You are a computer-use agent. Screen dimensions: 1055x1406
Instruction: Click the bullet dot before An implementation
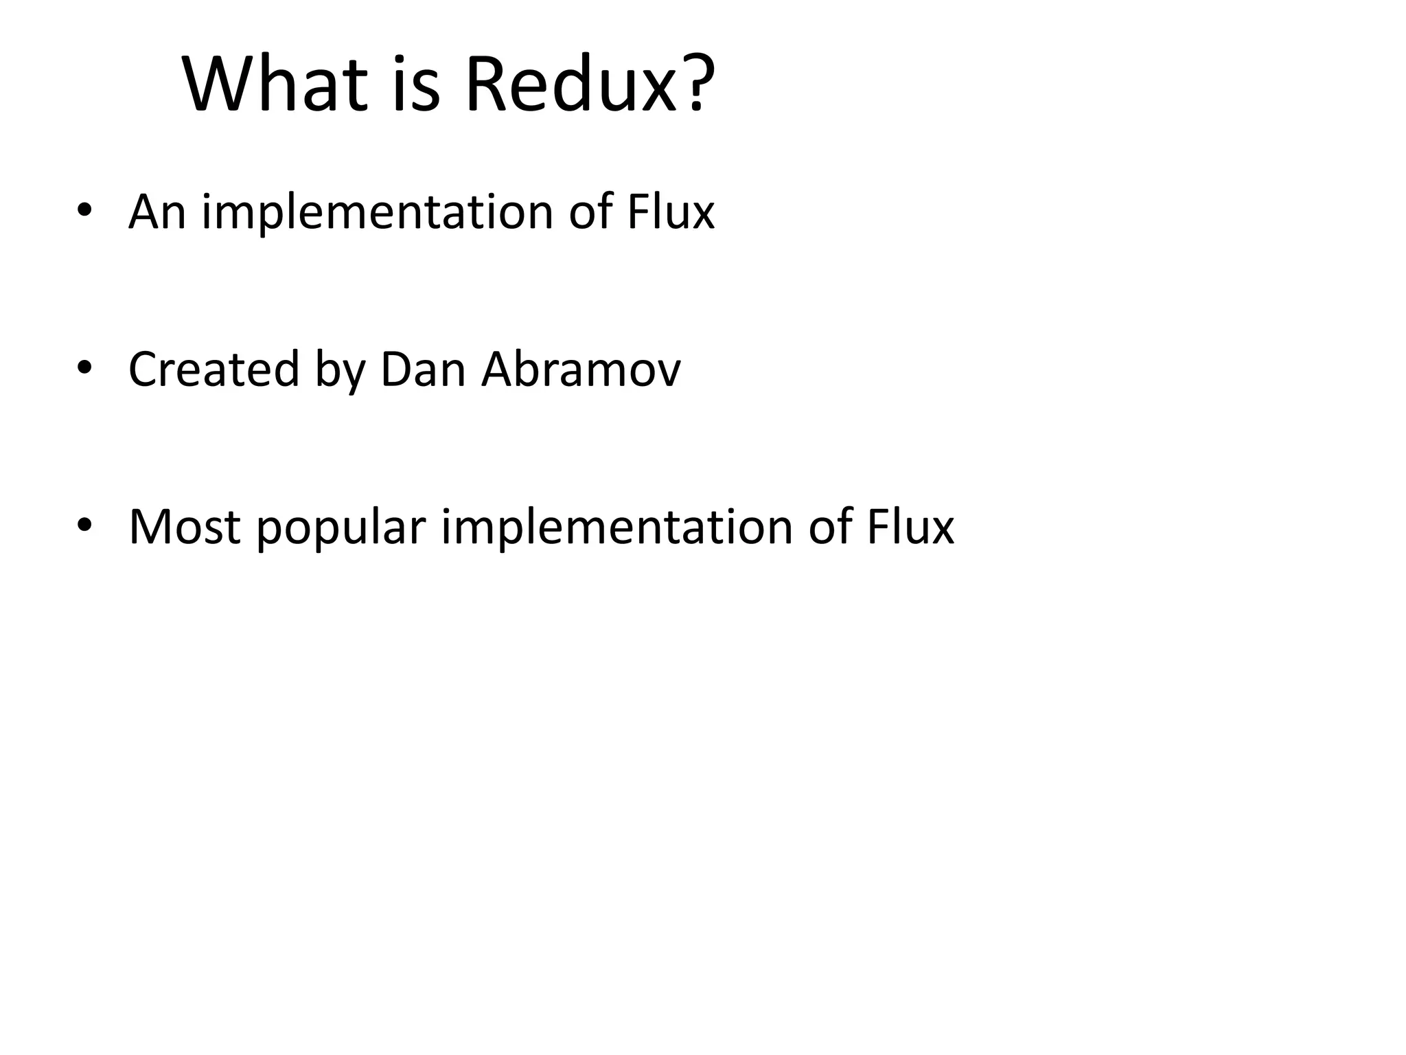click(84, 211)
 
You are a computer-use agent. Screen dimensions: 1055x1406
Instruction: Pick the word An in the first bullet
click(157, 211)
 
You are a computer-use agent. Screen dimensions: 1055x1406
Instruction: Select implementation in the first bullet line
click(377, 212)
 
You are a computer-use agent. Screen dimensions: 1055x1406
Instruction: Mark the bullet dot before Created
click(84, 369)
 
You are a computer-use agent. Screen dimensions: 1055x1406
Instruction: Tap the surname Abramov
click(581, 369)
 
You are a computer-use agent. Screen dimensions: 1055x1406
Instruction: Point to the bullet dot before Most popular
click(84, 526)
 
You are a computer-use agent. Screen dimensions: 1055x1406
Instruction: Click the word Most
click(185, 526)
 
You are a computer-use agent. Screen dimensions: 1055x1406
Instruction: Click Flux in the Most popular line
click(910, 526)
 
